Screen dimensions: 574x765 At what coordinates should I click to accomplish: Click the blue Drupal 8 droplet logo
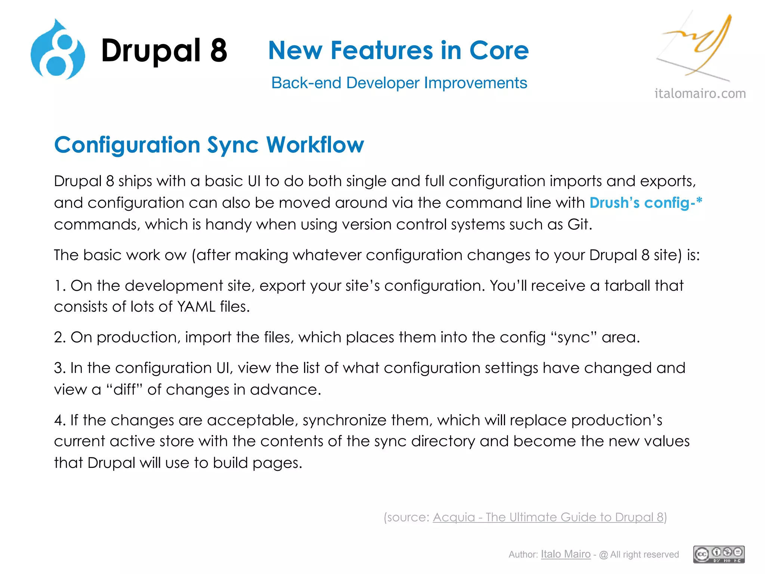click(58, 50)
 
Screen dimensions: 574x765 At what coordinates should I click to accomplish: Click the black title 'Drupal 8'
click(164, 51)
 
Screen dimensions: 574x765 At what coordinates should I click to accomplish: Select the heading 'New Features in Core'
click(398, 50)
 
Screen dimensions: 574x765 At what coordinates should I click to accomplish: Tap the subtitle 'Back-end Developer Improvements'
click(399, 83)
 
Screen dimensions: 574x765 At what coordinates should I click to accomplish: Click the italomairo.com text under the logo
click(700, 93)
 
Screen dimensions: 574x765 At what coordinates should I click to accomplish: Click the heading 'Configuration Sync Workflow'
click(209, 145)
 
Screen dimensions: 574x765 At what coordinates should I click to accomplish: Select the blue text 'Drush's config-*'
click(646, 203)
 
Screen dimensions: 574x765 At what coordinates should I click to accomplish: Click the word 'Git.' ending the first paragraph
click(580, 225)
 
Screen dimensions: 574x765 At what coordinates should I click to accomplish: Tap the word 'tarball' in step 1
click(628, 286)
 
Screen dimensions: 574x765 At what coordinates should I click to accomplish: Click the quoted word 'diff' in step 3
click(125, 390)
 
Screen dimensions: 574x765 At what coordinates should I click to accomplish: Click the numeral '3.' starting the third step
click(60, 368)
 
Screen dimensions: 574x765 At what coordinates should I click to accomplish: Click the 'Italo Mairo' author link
click(566, 554)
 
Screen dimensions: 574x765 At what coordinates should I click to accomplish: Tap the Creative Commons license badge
click(719, 554)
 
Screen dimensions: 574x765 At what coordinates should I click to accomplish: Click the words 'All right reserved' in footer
click(644, 555)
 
